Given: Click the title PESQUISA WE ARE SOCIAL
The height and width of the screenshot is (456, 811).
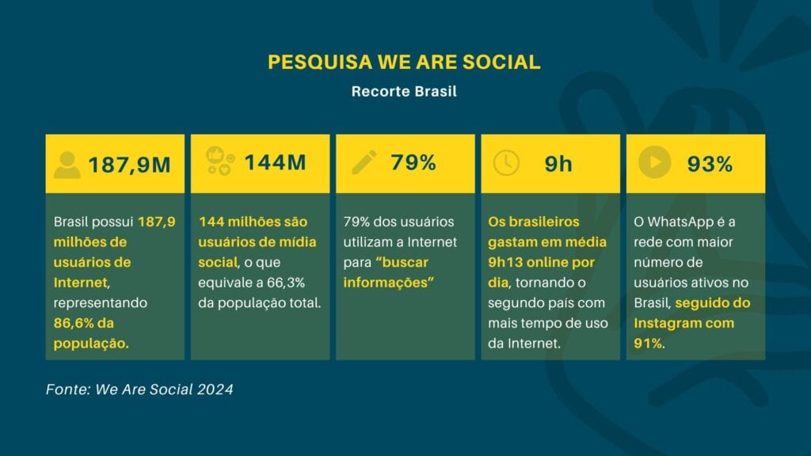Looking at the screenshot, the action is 404,62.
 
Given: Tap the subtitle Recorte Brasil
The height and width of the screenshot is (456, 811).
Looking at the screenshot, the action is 404,92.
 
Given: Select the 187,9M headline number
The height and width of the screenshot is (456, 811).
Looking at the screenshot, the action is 129,165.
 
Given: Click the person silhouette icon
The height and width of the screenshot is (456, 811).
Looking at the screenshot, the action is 67,165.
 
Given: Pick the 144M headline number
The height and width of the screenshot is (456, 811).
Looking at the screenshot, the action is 275,162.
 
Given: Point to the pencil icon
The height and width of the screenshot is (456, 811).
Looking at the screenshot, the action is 364,162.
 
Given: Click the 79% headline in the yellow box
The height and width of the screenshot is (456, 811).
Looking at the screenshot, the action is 413,162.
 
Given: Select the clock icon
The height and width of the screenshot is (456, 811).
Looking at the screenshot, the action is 506,163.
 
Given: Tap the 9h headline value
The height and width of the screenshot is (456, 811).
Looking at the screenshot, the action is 558,164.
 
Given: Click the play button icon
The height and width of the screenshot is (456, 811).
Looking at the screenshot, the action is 655,162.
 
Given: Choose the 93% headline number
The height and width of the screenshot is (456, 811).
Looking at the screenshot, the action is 710,164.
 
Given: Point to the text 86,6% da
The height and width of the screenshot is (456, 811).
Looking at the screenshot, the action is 84,323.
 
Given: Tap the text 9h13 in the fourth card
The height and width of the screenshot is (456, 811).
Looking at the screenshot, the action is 504,262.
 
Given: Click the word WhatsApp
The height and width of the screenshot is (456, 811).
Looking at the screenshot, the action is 680,222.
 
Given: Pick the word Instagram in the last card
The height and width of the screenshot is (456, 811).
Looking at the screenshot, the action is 665,323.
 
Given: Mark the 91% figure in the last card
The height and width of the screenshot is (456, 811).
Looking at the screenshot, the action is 648,344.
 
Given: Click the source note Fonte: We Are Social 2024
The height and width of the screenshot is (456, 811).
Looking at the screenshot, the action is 139,389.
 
